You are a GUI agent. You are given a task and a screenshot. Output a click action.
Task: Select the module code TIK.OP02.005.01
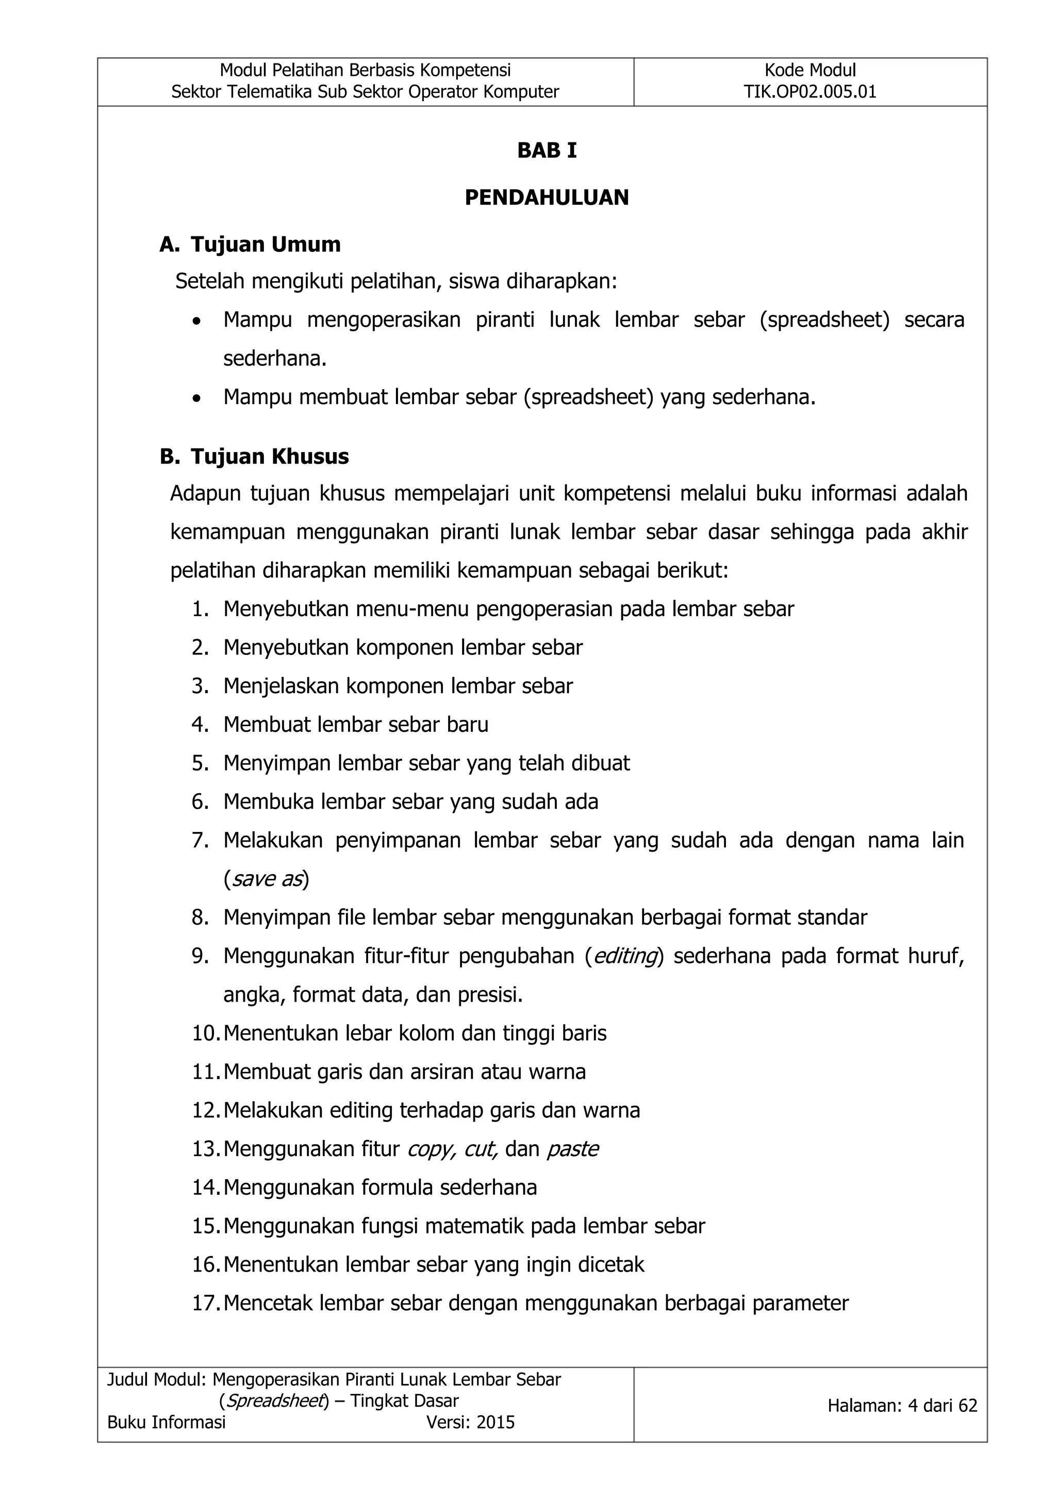pyautogui.click(x=810, y=92)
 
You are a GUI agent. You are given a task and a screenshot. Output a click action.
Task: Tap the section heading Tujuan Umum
pyautogui.click(x=266, y=245)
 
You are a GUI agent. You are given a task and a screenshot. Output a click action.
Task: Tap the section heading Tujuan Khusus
pyautogui.click(x=269, y=457)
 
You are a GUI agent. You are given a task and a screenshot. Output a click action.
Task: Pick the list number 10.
pyautogui.click(x=205, y=1033)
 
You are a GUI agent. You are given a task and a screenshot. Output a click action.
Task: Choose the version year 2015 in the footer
pyautogui.click(x=496, y=1422)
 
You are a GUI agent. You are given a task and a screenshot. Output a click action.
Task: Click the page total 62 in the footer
pyautogui.click(x=967, y=1406)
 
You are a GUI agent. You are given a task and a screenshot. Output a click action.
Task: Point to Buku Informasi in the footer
pyautogui.click(x=167, y=1422)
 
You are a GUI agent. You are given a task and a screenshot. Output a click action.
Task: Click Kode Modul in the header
pyautogui.click(x=810, y=70)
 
